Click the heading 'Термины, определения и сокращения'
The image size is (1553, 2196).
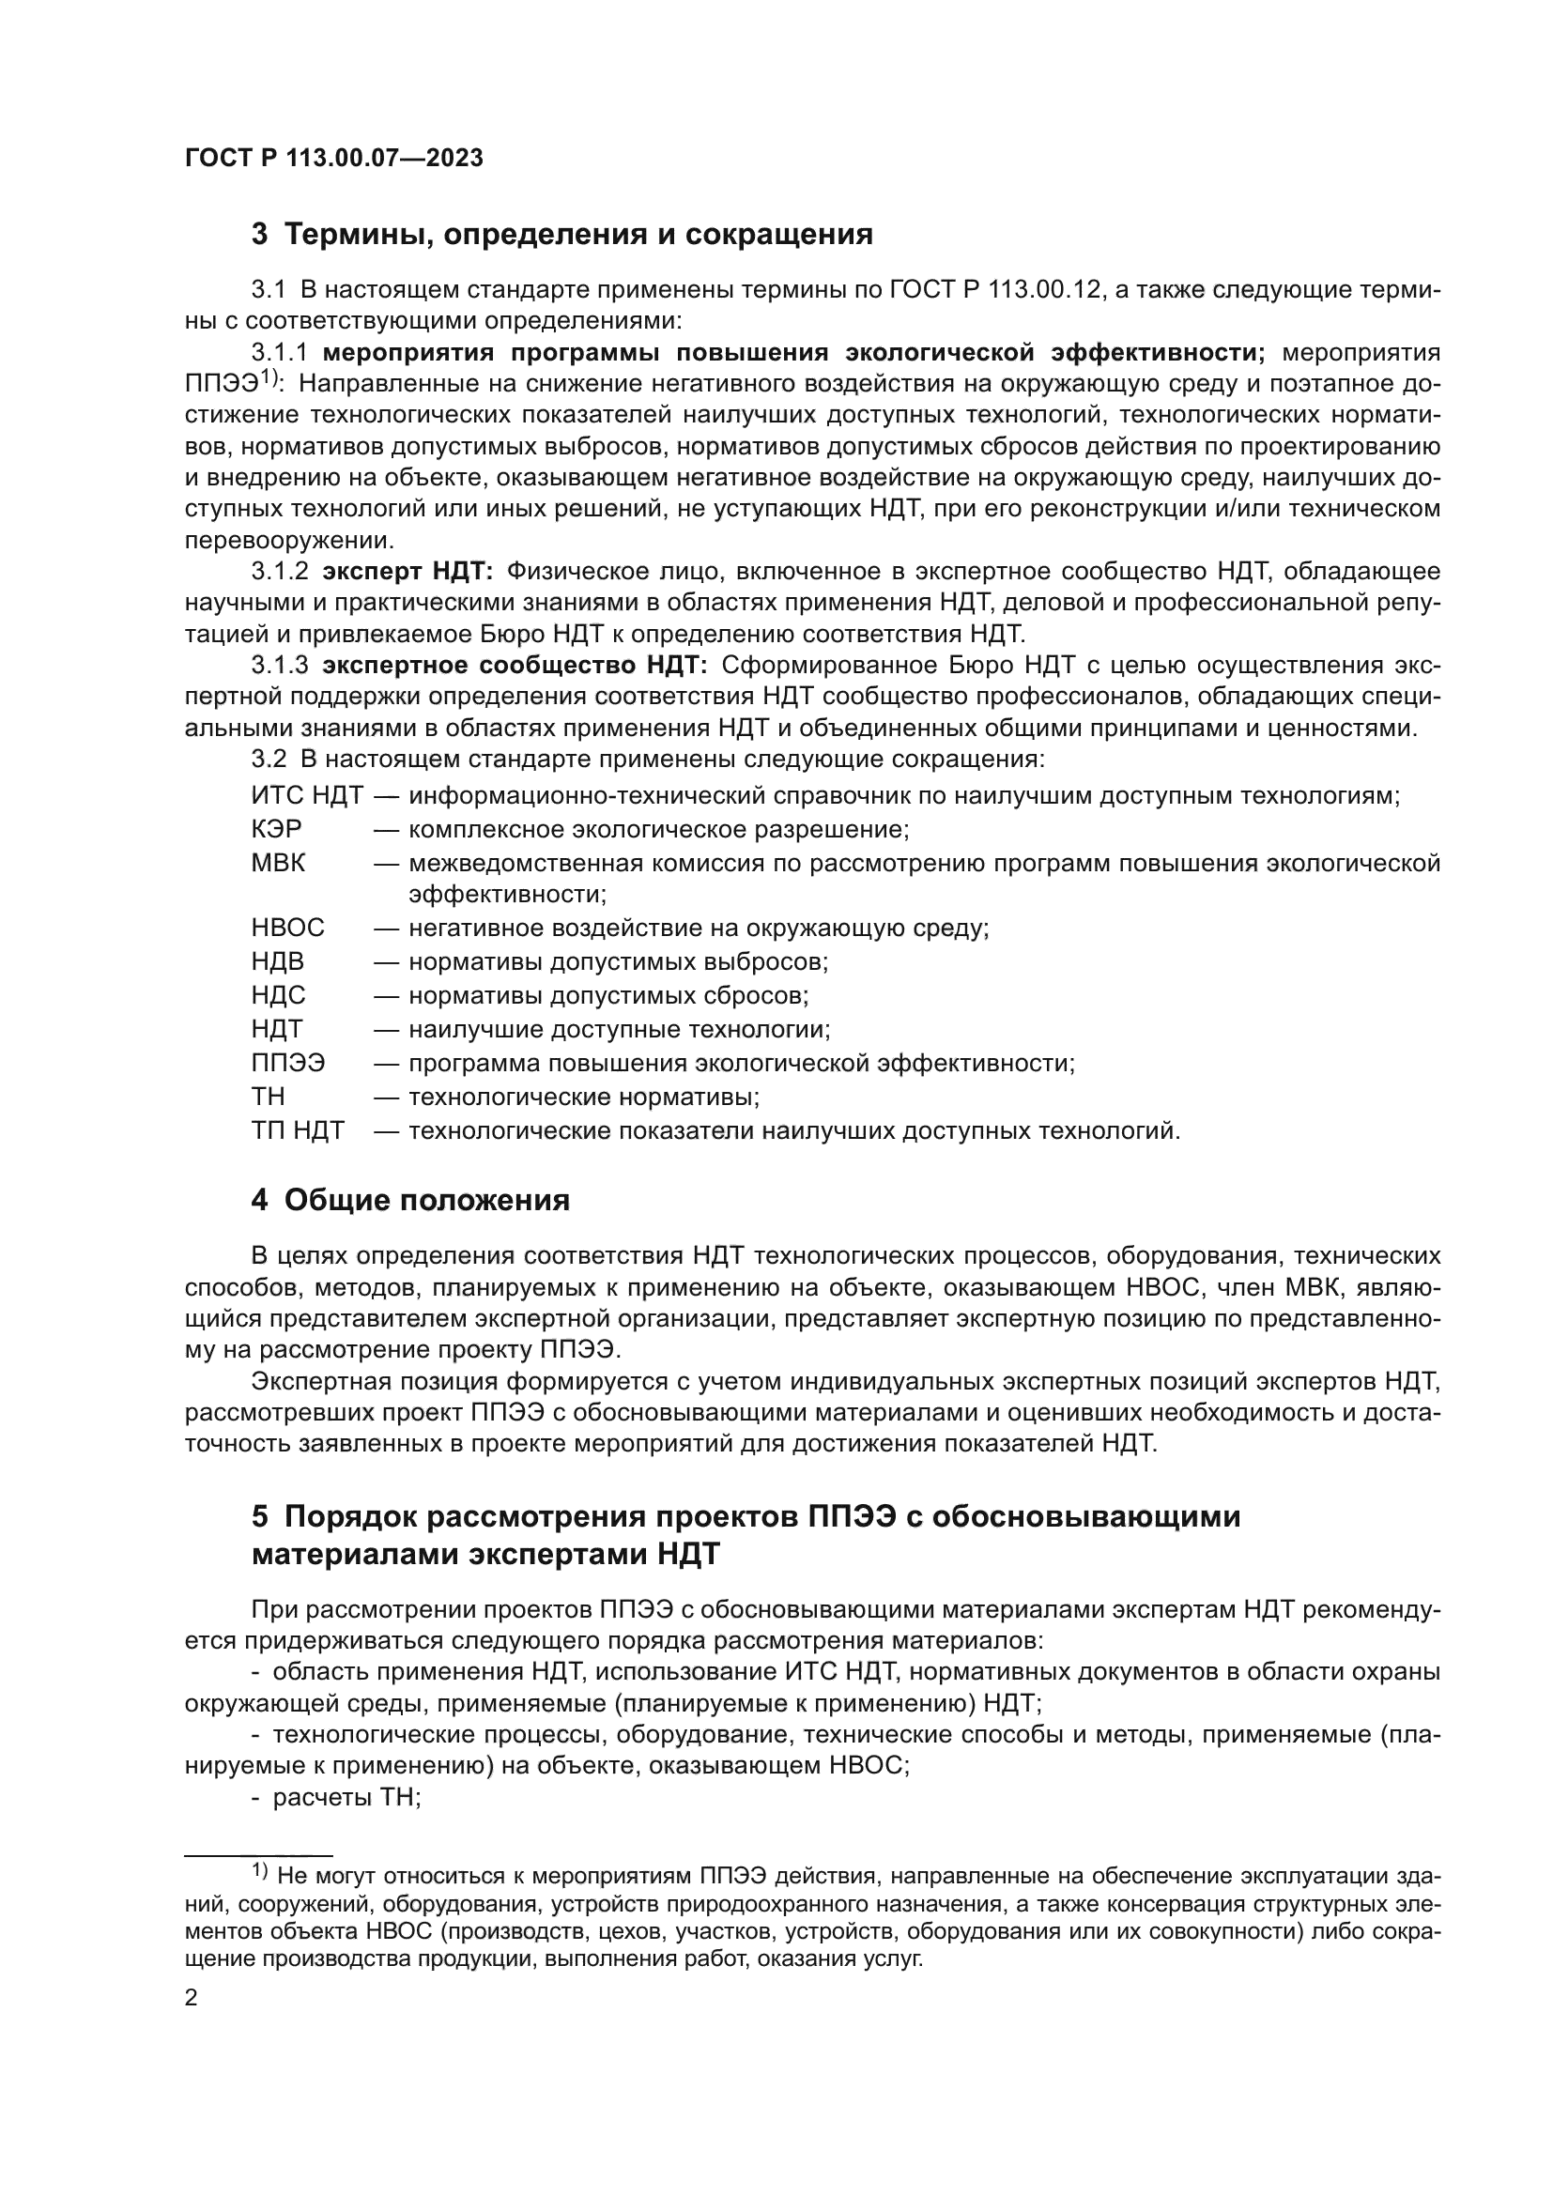(578, 235)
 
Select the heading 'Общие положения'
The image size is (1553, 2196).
(426, 1201)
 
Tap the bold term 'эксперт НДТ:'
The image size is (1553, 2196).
(407, 572)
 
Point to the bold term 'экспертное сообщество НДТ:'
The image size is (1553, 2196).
(515, 666)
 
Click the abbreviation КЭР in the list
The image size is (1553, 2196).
(276, 829)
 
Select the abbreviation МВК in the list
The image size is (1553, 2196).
(278, 864)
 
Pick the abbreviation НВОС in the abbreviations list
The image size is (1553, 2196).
(288, 928)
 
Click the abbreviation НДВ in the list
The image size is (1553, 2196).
(277, 961)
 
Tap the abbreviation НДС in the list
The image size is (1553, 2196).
(278, 995)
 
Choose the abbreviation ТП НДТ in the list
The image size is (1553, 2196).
(298, 1131)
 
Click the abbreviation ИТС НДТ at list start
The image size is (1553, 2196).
(307, 796)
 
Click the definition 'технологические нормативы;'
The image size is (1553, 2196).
(584, 1097)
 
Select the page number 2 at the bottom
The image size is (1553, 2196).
(192, 1999)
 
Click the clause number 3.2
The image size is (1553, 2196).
(269, 760)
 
